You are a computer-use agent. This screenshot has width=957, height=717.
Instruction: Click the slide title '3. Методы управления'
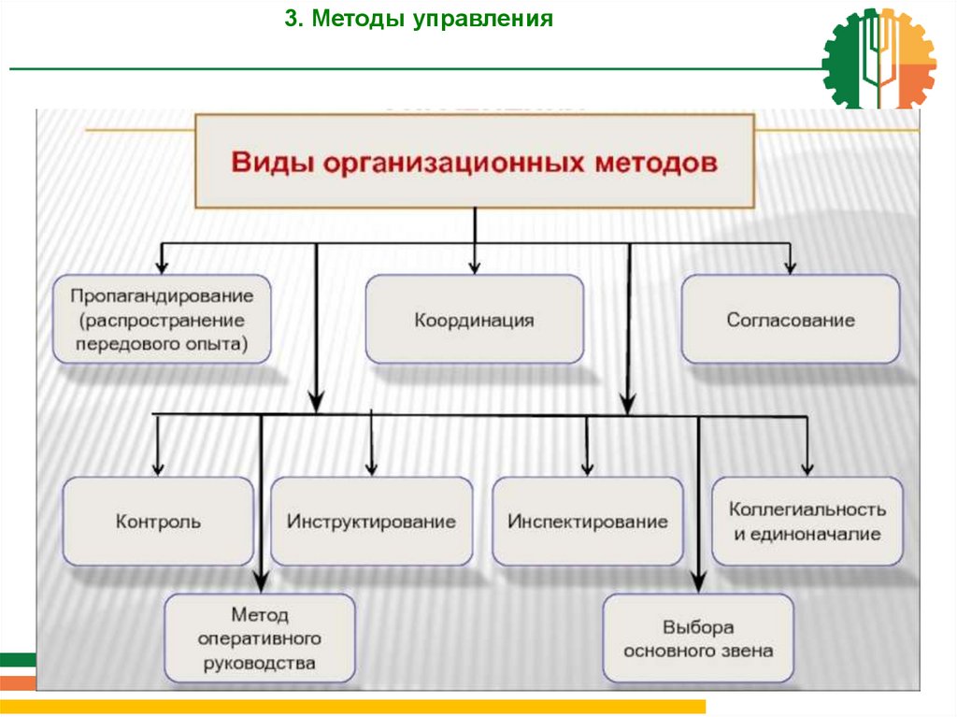tap(420, 20)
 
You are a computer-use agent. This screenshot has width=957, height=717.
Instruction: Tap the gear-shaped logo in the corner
tap(878, 58)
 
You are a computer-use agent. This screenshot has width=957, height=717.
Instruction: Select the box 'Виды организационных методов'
tap(475, 161)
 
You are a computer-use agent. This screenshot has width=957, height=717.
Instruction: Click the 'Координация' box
tap(474, 320)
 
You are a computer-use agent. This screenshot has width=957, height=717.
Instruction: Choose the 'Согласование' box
tap(791, 320)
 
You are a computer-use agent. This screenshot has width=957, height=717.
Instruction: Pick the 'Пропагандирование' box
tap(163, 320)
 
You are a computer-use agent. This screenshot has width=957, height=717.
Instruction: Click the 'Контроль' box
tap(158, 522)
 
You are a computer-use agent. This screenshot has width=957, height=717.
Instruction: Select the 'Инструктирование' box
tap(372, 522)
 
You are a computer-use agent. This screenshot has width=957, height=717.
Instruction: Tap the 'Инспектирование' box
tap(588, 522)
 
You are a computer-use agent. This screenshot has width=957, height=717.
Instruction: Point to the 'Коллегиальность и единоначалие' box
tap(807, 522)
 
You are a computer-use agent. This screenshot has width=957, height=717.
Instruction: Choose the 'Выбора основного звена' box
tap(698, 639)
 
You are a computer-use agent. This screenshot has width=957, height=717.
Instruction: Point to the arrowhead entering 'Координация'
tap(475, 267)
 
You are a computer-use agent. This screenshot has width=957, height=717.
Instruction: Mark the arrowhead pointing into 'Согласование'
tap(791, 267)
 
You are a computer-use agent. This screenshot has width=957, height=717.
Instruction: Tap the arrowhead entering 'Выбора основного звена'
tap(698, 586)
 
